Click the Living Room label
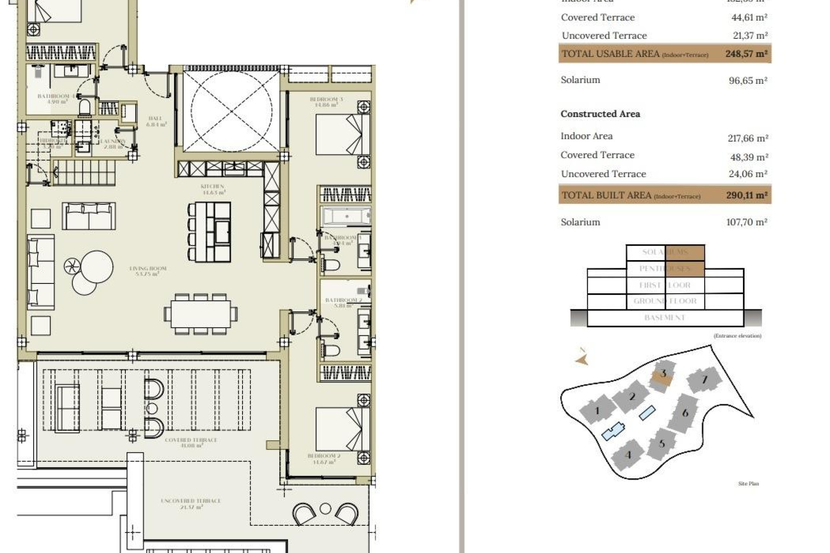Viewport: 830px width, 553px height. click(148, 271)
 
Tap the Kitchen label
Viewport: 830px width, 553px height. click(212, 189)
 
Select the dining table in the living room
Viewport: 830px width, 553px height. click(201, 314)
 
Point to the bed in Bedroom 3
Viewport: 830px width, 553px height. click(342, 134)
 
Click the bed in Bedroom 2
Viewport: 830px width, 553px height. click(342, 429)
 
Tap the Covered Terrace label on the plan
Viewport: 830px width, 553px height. click(191, 442)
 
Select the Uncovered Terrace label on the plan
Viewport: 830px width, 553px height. click(191, 503)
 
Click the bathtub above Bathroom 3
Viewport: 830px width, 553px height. click(346, 216)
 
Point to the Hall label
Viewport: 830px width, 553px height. click(155, 121)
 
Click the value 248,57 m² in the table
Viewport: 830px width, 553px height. click(746, 54)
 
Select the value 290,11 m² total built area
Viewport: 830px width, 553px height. click(746, 195)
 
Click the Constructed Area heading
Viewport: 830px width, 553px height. click(600, 114)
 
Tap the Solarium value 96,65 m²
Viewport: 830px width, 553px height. click(747, 80)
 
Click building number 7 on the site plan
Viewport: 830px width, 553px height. click(704, 380)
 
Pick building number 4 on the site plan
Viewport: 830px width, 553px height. click(628, 455)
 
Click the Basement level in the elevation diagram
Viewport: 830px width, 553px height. click(664, 318)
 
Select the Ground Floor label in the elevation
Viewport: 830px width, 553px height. click(665, 301)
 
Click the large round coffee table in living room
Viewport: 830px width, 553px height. click(97, 267)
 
